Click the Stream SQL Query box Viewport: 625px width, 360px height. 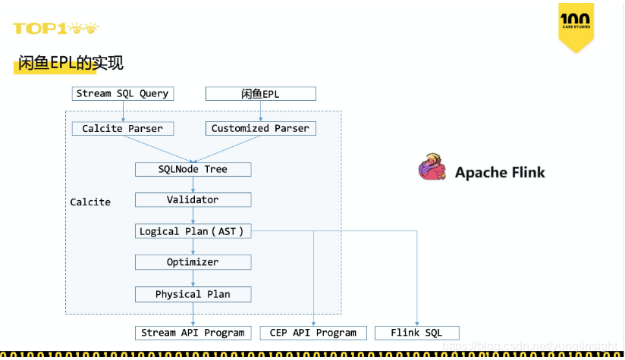click(x=122, y=94)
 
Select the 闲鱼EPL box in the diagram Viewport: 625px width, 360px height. click(x=260, y=94)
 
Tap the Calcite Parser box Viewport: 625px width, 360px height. click(x=122, y=129)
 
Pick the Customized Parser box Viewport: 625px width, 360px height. click(x=260, y=129)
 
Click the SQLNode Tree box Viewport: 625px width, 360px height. click(x=193, y=169)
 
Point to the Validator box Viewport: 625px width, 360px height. click(x=193, y=200)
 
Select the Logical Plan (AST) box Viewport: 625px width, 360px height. click(x=193, y=231)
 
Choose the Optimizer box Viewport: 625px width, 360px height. click(x=193, y=262)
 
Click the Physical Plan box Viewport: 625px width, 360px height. click(x=193, y=294)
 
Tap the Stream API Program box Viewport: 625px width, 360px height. click(x=193, y=333)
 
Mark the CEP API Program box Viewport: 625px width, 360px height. click(x=313, y=333)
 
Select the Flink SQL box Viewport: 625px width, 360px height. click(x=416, y=333)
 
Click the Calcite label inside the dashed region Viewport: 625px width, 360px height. click(x=90, y=202)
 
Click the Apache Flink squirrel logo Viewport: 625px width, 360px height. click(x=432, y=167)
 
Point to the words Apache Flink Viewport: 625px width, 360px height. click(x=500, y=172)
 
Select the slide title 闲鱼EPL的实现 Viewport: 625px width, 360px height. click(x=70, y=64)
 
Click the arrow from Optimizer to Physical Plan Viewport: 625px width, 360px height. click(x=193, y=278)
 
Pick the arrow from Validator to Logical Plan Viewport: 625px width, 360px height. click(x=193, y=215)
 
